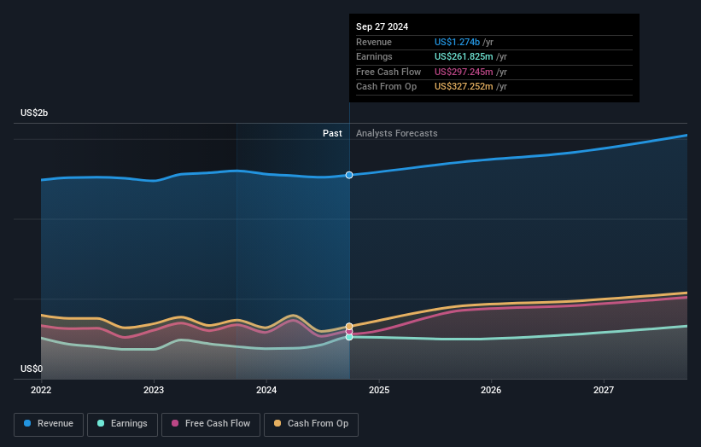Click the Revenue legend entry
(50, 423)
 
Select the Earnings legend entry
(122, 423)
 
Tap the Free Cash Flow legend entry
(210, 423)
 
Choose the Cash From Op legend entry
(311, 423)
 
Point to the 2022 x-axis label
(41, 391)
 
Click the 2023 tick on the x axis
(154, 391)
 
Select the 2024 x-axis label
(266, 391)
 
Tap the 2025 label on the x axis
(379, 391)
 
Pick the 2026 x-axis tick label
(491, 391)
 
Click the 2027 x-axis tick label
(604, 391)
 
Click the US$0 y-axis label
(32, 369)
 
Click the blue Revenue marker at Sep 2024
(349, 175)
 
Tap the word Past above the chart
(332, 133)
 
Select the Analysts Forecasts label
(396, 133)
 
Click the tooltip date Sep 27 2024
(382, 26)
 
